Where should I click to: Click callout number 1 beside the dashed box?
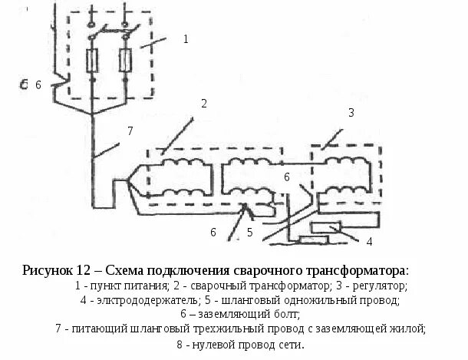(x=185, y=38)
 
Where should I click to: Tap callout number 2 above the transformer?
(x=203, y=104)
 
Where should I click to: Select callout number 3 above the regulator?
(x=351, y=112)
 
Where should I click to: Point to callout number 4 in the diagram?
(x=368, y=242)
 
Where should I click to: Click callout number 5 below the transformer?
(x=250, y=230)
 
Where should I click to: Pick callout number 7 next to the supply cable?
(x=130, y=130)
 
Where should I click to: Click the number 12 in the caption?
(x=84, y=271)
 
